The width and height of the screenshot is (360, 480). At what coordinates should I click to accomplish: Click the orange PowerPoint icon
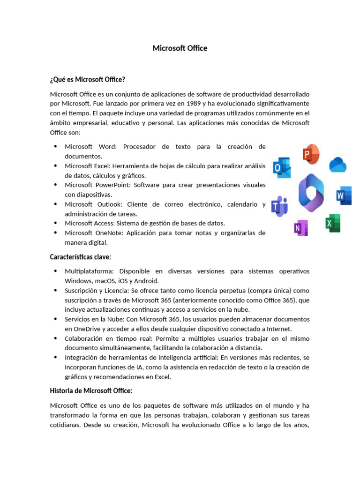311,154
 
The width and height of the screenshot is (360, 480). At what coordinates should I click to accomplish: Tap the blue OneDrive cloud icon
337,165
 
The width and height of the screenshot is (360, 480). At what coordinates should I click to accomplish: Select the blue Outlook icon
282,168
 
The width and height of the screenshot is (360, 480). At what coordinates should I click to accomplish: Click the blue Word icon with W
344,195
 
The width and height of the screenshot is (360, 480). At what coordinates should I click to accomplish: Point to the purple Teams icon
279,206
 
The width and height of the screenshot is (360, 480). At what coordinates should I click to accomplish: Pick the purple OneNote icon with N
300,228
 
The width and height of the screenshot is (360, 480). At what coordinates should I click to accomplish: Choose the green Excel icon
333,223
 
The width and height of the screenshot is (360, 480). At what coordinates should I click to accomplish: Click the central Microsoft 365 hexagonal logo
311,193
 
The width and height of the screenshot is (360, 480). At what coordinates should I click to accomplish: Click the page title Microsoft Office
180,48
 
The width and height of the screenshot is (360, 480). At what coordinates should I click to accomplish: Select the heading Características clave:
80,256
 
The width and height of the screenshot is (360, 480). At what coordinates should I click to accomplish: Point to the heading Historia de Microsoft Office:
91,390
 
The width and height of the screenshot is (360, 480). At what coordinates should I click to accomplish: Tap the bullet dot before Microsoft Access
55,223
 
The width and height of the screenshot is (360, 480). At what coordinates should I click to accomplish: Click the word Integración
82,358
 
